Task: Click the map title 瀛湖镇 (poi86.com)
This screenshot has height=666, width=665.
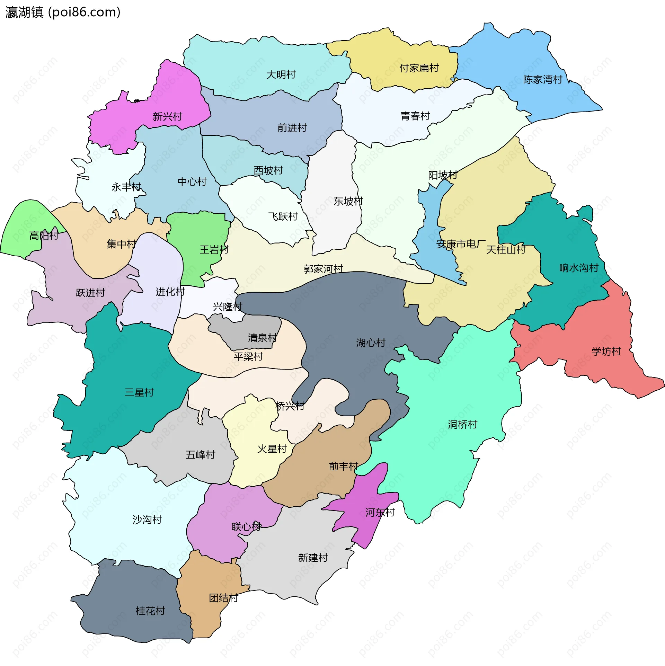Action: click(x=63, y=12)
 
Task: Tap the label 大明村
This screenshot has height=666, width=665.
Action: click(x=281, y=74)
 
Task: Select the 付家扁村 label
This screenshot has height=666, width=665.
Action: click(x=419, y=68)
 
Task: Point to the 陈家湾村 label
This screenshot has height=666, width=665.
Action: click(x=543, y=80)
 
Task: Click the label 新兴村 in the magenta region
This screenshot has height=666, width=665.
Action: click(x=167, y=116)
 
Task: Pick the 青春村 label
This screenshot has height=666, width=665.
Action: click(x=415, y=116)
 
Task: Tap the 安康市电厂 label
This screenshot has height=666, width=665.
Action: click(x=461, y=244)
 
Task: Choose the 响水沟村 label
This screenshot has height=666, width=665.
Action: click(x=579, y=268)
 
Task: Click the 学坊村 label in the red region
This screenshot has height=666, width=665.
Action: click(x=606, y=352)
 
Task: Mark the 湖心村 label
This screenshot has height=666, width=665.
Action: click(x=371, y=343)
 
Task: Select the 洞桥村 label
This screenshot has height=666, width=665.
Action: click(x=462, y=424)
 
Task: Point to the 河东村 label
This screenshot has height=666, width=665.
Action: click(x=380, y=513)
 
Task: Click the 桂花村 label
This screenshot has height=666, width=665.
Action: click(x=150, y=611)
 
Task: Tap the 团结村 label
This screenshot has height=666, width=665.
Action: click(x=223, y=598)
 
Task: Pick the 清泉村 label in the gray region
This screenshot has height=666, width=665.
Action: click(x=262, y=338)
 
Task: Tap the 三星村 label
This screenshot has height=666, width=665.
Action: click(x=139, y=392)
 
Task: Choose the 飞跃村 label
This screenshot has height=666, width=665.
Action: click(x=283, y=216)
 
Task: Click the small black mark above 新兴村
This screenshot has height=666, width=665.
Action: click(x=137, y=101)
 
